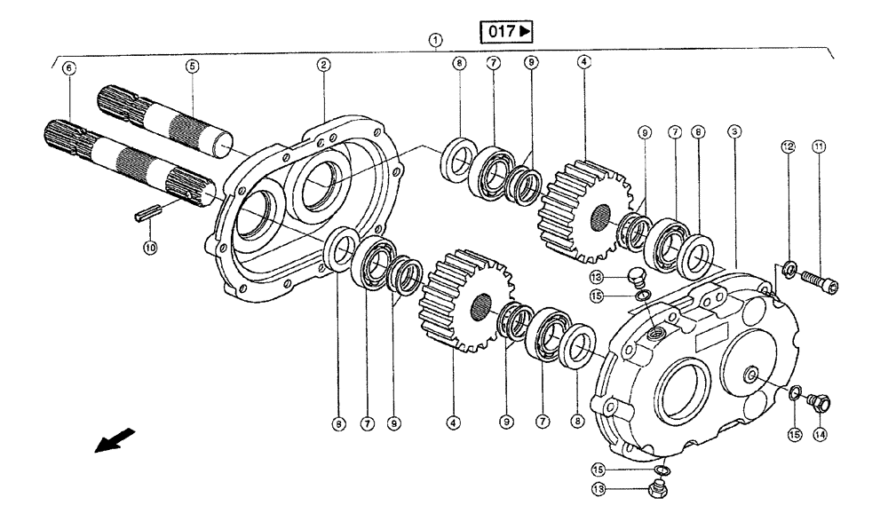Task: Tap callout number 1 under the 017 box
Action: [434, 40]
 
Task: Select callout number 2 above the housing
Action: [324, 64]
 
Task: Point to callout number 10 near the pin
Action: [151, 249]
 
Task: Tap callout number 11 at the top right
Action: [819, 146]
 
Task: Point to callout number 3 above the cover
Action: [733, 130]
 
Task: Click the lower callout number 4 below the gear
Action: [455, 424]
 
